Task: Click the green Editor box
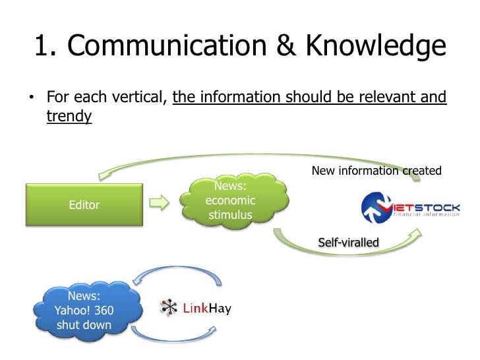tap(84, 205)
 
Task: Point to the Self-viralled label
tap(348, 243)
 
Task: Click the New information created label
tap(376, 171)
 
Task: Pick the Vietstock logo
tap(410, 209)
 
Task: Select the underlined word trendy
tap(69, 117)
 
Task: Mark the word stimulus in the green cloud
tap(231, 215)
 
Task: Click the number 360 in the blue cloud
tap(105, 311)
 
